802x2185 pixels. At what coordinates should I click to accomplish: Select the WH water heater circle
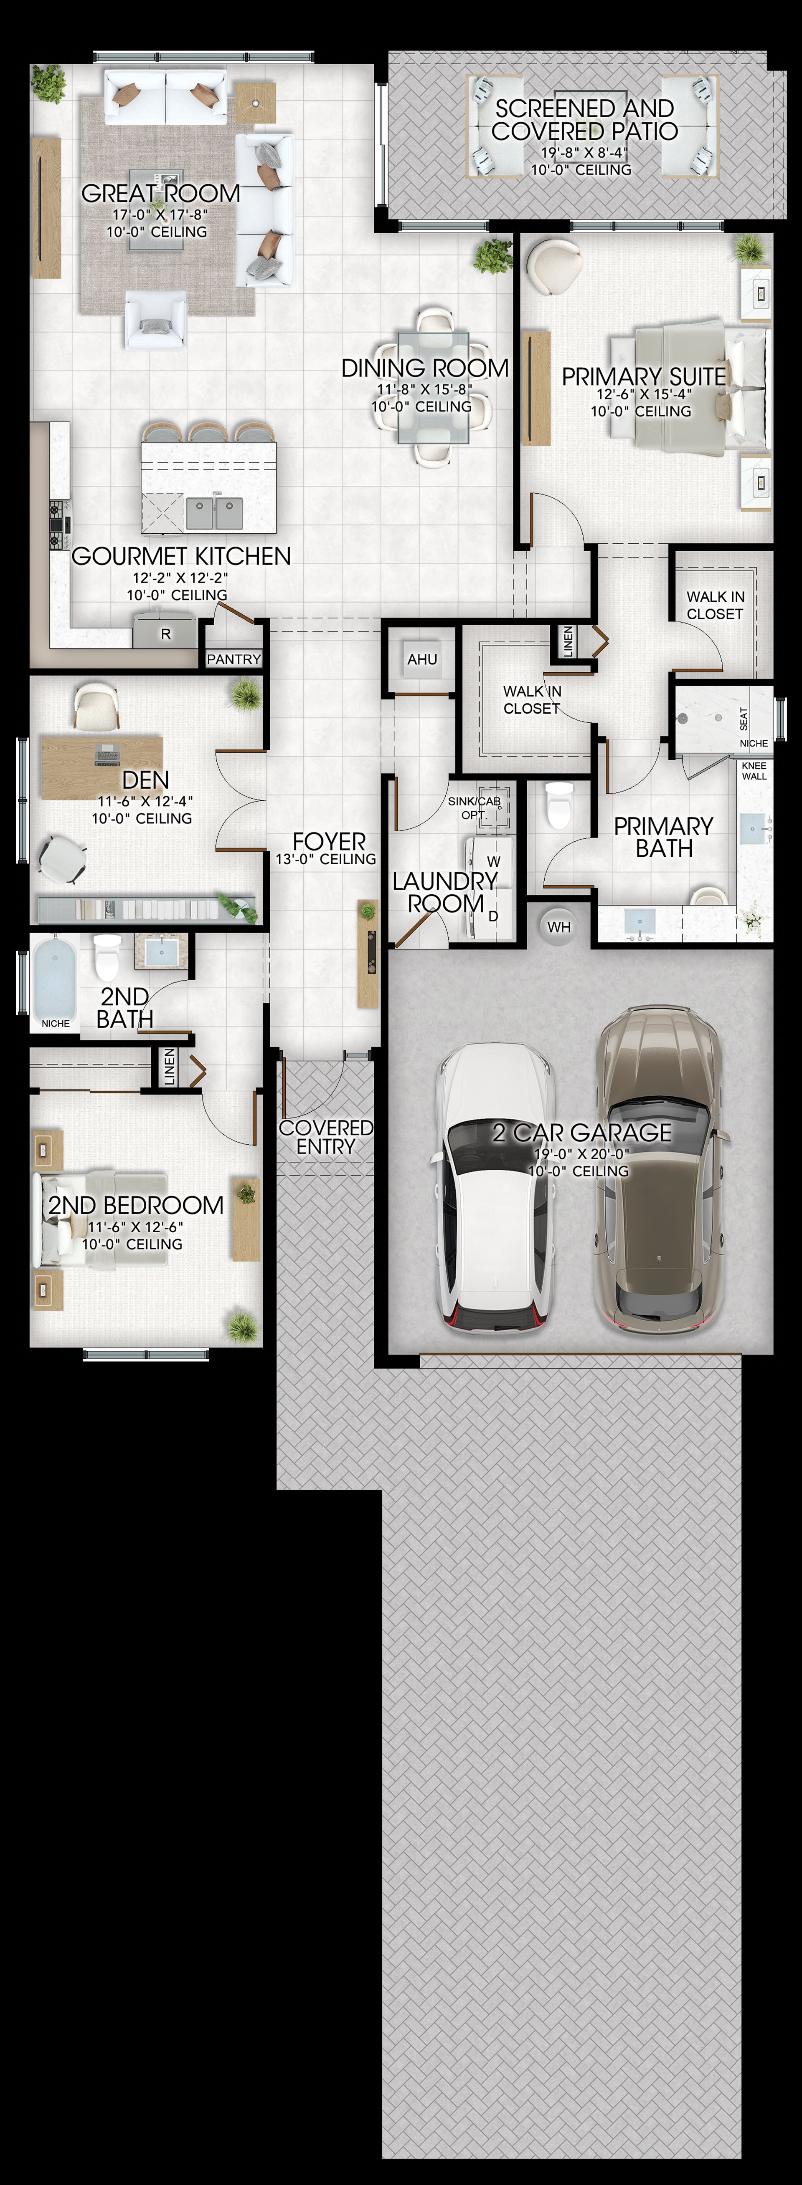(558, 926)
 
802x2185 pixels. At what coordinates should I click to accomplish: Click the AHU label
(422, 659)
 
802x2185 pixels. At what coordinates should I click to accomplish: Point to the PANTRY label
(233, 659)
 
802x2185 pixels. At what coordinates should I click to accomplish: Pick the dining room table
(433, 387)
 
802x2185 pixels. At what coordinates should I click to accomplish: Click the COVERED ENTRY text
(326, 1137)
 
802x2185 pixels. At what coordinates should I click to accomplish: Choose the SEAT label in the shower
(744, 719)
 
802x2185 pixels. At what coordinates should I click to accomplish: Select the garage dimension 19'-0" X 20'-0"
(581, 1153)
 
